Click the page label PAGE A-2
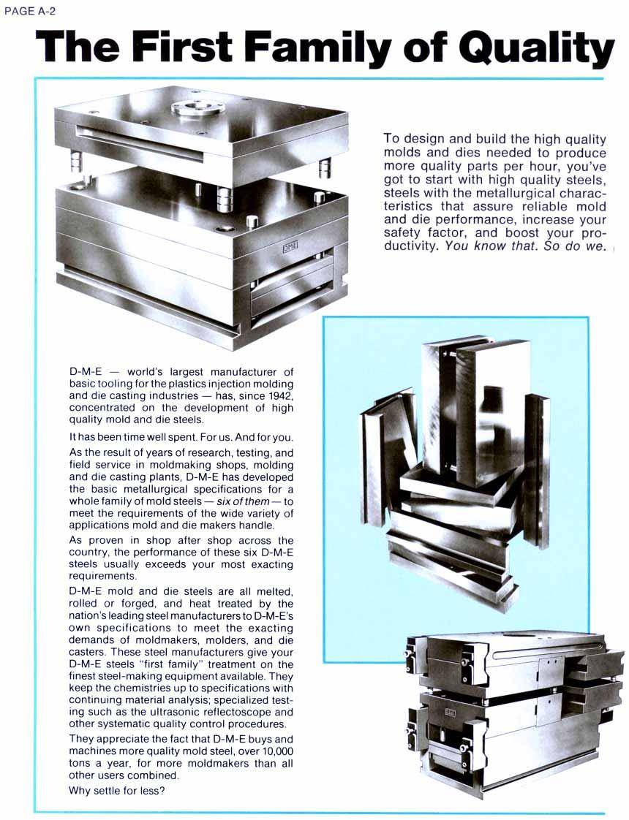coord(31,11)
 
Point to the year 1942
coord(277,396)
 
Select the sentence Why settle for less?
coord(116,790)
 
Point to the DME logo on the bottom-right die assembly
coord(449,712)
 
